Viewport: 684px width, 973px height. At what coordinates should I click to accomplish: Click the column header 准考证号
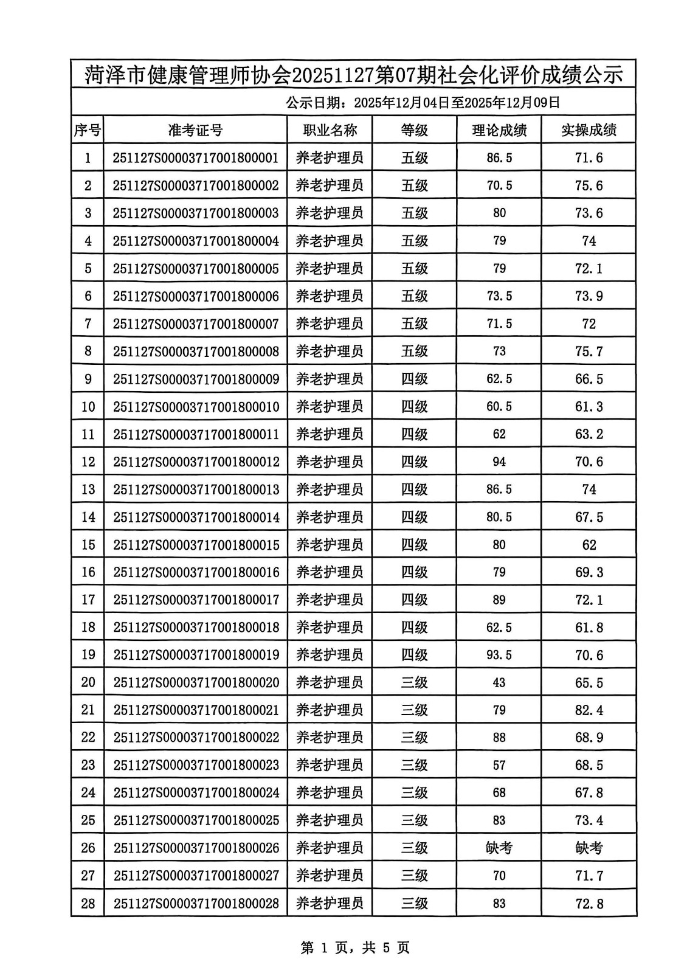tap(195, 130)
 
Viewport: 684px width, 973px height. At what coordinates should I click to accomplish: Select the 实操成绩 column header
tap(589, 130)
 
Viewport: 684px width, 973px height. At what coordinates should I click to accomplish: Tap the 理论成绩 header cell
tap(499, 130)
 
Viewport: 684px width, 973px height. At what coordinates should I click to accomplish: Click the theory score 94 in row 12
tap(499, 462)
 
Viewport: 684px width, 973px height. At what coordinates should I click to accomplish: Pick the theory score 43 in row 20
tap(499, 682)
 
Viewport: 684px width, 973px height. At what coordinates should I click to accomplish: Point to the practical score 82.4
tap(589, 710)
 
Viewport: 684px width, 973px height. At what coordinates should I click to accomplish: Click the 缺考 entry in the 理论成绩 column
tap(499, 848)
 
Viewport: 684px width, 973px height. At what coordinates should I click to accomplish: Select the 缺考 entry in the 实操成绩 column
tap(589, 848)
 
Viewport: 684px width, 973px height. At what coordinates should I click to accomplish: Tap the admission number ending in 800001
tap(195, 158)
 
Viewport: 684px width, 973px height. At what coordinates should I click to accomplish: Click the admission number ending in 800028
tap(196, 904)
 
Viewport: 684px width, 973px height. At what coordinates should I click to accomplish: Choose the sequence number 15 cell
tap(88, 545)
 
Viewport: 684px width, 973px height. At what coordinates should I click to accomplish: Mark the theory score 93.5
tap(499, 655)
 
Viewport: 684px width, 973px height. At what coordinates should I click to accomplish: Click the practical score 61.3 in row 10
tap(589, 407)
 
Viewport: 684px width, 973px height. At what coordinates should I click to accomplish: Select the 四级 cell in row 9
tap(415, 379)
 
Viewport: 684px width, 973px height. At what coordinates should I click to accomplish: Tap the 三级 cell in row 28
tap(415, 904)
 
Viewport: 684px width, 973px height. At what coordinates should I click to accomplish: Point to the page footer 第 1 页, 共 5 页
tap(355, 947)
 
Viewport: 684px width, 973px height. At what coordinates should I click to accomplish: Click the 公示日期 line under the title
tap(423, 102)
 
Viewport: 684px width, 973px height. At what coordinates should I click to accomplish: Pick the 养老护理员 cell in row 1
tap(330, 158)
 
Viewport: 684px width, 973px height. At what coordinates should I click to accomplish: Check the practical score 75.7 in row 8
tap(589, 351)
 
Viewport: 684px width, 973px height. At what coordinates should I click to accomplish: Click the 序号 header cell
tap(88, 130)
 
